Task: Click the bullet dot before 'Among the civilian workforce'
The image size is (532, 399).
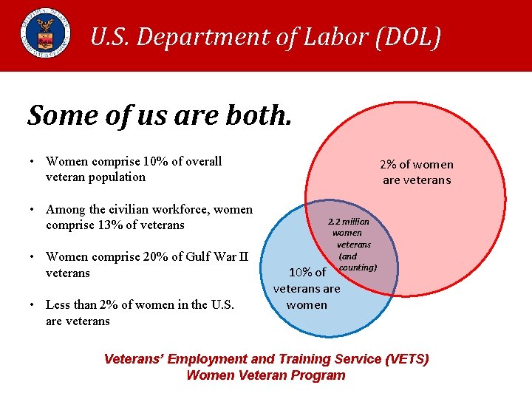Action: click(34, 210)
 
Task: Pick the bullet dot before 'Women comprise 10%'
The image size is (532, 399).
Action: click(34, 162)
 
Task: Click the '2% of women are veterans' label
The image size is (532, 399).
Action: click(416, 172)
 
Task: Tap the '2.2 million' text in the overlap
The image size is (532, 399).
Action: click(349, 221)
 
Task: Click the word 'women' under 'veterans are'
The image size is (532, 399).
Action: click(307, 304)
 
